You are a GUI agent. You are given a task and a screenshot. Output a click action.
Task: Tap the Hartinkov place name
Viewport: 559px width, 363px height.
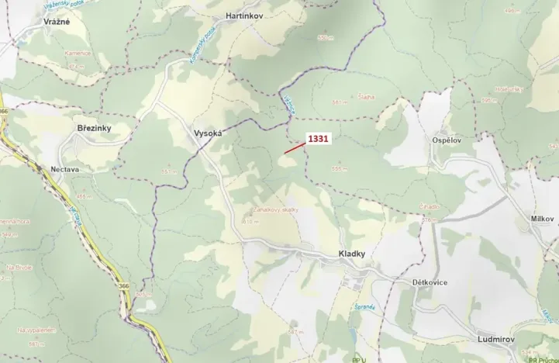point(246,15)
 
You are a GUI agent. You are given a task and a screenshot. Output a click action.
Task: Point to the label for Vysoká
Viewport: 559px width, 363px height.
point(208,133)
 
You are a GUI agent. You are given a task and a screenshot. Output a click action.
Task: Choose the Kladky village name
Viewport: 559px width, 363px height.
point(351,254)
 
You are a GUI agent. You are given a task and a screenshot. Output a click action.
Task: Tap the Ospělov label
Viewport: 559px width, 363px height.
point(447,140)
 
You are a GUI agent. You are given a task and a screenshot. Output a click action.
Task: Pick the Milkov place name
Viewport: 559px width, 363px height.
point(542,220)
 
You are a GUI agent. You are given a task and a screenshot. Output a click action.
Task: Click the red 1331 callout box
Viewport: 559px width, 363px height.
point(319,138)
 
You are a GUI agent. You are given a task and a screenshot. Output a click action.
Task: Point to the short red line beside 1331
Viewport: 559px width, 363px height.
point(292,148)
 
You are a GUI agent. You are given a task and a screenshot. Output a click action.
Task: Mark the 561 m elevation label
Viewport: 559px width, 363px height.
point(339,102)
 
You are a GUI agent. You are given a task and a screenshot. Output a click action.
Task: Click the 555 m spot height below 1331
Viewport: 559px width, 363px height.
point(337,168)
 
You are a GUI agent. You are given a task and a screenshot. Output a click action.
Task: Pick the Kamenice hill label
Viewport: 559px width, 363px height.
point(77,54)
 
